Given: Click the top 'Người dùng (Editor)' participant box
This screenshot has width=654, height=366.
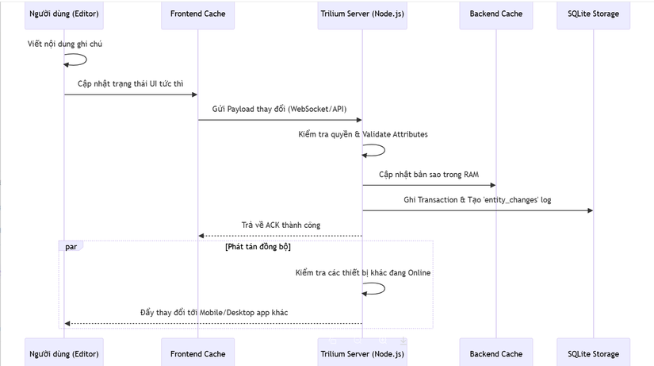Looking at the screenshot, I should [65, 14].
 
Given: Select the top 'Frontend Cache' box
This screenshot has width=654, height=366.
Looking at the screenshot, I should [197, 14].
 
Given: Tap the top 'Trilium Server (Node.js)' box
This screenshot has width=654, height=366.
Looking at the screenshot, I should [363, 14].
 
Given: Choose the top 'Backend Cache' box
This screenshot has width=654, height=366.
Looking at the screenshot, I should [496, 14].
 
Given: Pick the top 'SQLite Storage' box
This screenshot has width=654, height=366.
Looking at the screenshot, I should [594, 14].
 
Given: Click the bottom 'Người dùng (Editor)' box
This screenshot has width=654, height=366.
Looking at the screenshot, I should [65, 353].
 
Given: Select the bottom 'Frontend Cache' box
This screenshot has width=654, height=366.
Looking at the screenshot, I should [197, 353].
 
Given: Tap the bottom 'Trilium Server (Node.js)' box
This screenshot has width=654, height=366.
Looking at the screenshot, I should [363, 353].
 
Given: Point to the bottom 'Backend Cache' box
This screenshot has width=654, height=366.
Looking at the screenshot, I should [496, 353].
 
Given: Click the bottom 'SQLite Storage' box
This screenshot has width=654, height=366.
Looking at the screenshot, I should [594, 353].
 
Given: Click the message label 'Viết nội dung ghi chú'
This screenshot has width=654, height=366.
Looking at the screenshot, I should [64, 44].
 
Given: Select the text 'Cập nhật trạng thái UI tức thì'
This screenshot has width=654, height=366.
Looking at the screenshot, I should [131, 83].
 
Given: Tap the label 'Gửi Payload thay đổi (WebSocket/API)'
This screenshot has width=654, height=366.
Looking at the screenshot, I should [280, 108].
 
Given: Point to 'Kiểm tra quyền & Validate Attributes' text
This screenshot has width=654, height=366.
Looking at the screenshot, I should [363, 134].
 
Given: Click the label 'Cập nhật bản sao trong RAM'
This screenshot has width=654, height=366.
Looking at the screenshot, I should [429, 174].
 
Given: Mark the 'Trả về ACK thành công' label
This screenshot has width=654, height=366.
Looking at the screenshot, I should [281, 225].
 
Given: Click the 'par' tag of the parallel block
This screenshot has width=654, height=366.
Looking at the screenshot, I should [71, 246].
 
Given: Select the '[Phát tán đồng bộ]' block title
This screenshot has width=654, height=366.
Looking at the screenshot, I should [258, 247].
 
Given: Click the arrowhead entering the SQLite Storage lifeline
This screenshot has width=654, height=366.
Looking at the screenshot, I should [589, 210].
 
